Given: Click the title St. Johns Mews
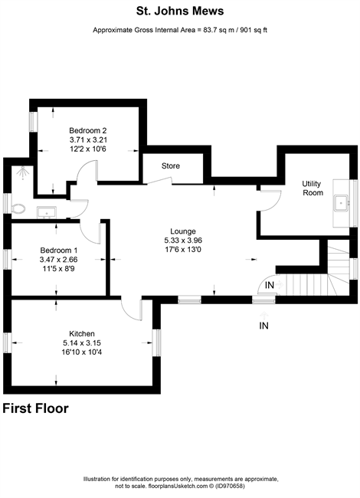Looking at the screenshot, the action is click(180, 11).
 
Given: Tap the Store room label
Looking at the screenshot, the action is click(171, 165).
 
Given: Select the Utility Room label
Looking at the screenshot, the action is click(313, 188).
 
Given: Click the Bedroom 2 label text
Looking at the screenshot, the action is click(88, 130).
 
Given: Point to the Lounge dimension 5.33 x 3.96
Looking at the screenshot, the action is click(183, 241).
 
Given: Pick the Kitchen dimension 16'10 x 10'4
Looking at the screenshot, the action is click(82, 352).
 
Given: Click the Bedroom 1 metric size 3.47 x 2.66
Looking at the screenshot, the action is click(58, 260).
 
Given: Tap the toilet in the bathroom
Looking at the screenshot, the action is click(18, 208).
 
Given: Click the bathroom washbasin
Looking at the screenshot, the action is click(47, 212).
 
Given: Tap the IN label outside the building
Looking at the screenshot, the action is click(263, 326).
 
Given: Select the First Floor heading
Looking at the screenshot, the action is click(35, 408).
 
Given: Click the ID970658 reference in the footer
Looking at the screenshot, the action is click(230, 486).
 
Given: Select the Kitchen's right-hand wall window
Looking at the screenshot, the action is click(156, 342).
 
